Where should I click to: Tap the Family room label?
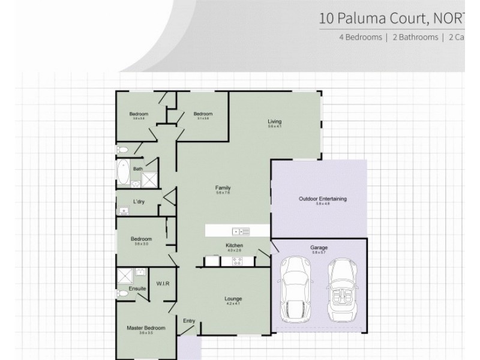point(223,188)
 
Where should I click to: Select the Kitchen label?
point(233,246)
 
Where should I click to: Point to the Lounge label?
point(233,299)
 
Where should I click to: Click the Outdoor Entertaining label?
point(323,199)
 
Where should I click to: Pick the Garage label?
point(319,247)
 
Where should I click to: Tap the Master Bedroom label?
point(146,328)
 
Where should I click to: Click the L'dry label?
point(139,202)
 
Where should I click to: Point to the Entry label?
point(190,321)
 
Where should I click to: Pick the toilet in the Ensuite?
point(123,294)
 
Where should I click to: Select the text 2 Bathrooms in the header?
point(415,37)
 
